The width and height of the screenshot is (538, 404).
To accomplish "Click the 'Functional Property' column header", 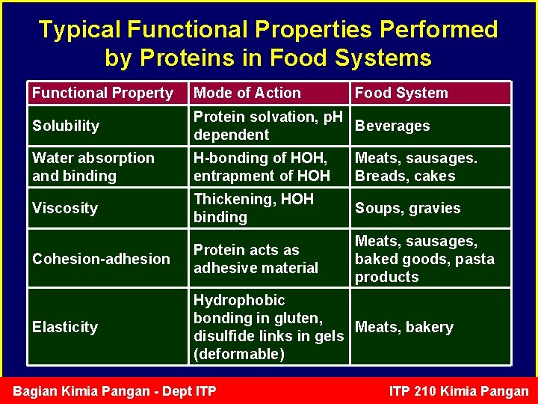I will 102,94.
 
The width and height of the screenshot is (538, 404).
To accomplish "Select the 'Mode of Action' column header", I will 247,94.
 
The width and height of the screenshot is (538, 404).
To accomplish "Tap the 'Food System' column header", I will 401,94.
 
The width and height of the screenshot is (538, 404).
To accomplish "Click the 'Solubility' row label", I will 66,126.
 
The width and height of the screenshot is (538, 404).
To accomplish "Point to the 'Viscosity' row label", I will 65,208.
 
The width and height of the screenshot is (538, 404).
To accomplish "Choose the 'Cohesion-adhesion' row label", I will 101,259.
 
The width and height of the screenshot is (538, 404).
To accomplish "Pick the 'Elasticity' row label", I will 65,327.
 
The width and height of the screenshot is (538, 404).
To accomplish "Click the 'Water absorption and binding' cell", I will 93,167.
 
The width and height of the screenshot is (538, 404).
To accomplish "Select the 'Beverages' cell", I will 392,126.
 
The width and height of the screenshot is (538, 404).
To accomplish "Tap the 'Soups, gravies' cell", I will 407,208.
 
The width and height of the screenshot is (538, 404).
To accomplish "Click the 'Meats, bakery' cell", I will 403,327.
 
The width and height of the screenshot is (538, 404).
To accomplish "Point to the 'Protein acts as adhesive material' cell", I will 256,259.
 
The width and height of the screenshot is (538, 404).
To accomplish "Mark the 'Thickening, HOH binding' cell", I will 253,208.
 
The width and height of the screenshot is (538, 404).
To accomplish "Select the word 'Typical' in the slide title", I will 80,29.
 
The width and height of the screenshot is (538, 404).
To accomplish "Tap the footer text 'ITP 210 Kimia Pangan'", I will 459,391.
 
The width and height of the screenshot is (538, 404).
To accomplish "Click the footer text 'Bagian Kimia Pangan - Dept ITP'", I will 114,391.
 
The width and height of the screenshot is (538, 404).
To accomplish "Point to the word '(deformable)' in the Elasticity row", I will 238,354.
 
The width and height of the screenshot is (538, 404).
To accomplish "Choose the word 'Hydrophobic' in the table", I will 239,300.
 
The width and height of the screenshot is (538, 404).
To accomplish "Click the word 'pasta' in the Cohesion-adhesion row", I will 476,259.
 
